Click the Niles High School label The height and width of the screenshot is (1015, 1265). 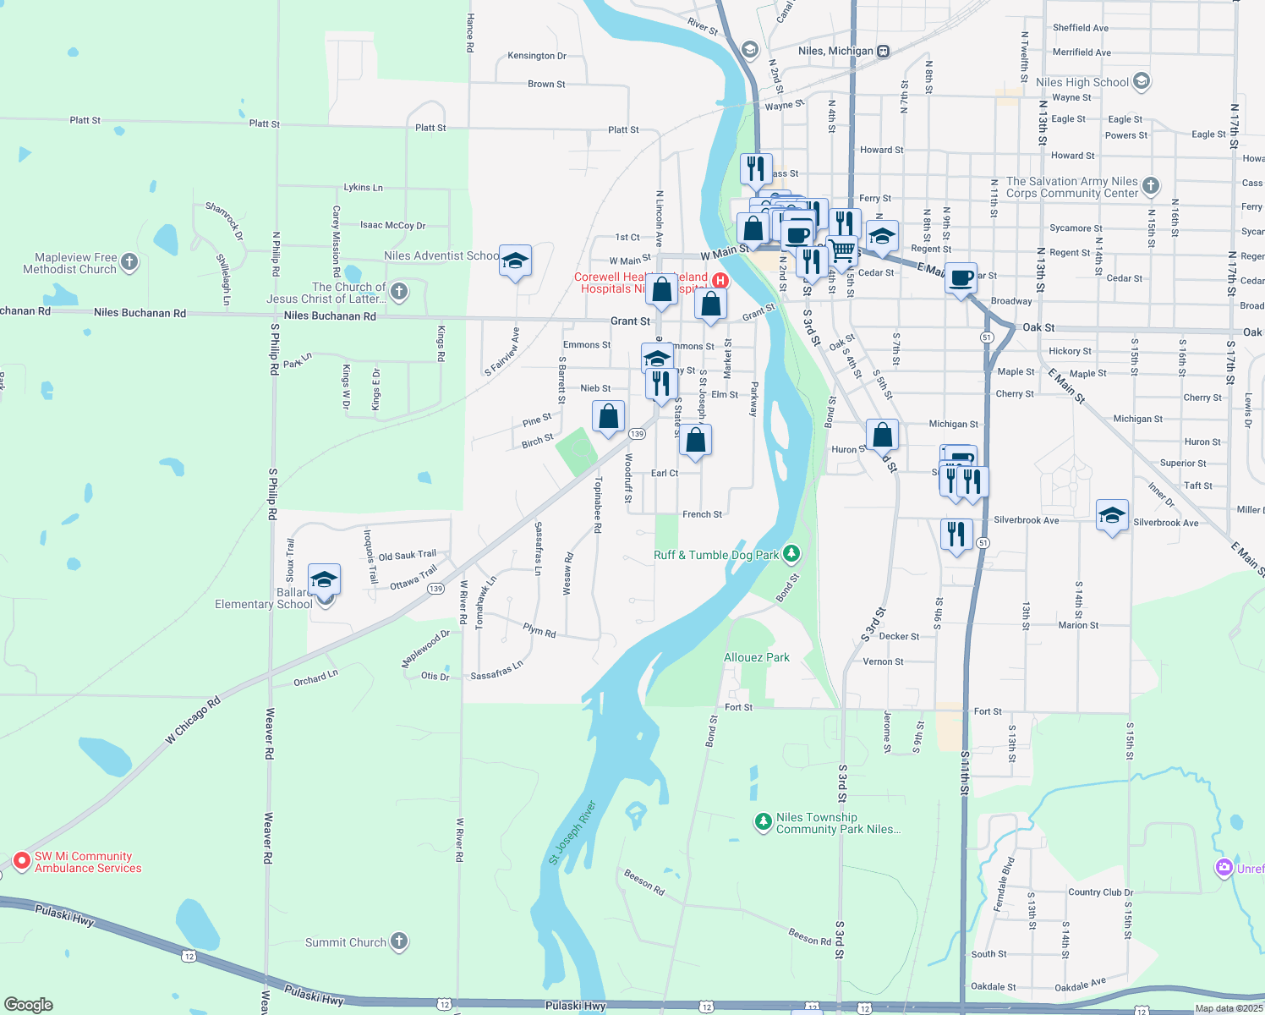coord(1082,82)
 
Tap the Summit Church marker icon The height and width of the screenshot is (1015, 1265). coord(399,941)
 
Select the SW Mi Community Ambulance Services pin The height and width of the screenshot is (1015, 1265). coord(22,862)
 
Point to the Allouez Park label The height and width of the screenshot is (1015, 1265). coord(757,657)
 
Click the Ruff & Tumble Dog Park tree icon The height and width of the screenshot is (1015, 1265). coord(791,554)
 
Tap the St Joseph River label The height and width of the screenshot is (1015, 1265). coord(572,832)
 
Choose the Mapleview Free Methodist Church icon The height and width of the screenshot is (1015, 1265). coord(129,262)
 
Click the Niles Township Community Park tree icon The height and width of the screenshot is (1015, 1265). coord(764,822)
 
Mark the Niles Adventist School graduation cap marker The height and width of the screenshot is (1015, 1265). coord(515,262)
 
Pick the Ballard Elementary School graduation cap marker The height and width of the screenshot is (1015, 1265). coord(324,580)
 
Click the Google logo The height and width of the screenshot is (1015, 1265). coord(29,1004)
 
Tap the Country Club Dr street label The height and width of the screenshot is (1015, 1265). coord(1100,892)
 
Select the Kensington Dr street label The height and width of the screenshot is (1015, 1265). coord(537,56)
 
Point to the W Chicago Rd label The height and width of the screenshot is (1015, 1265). coord(193,720)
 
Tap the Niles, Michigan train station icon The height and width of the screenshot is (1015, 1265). coord(883,51)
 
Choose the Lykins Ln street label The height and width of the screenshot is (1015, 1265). coord(363,187)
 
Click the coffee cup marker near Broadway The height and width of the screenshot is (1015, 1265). coord(961,278)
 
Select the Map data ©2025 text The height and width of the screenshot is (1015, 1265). coord(1229,1007)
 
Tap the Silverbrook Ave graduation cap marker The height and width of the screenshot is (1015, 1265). coord(1111,515)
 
